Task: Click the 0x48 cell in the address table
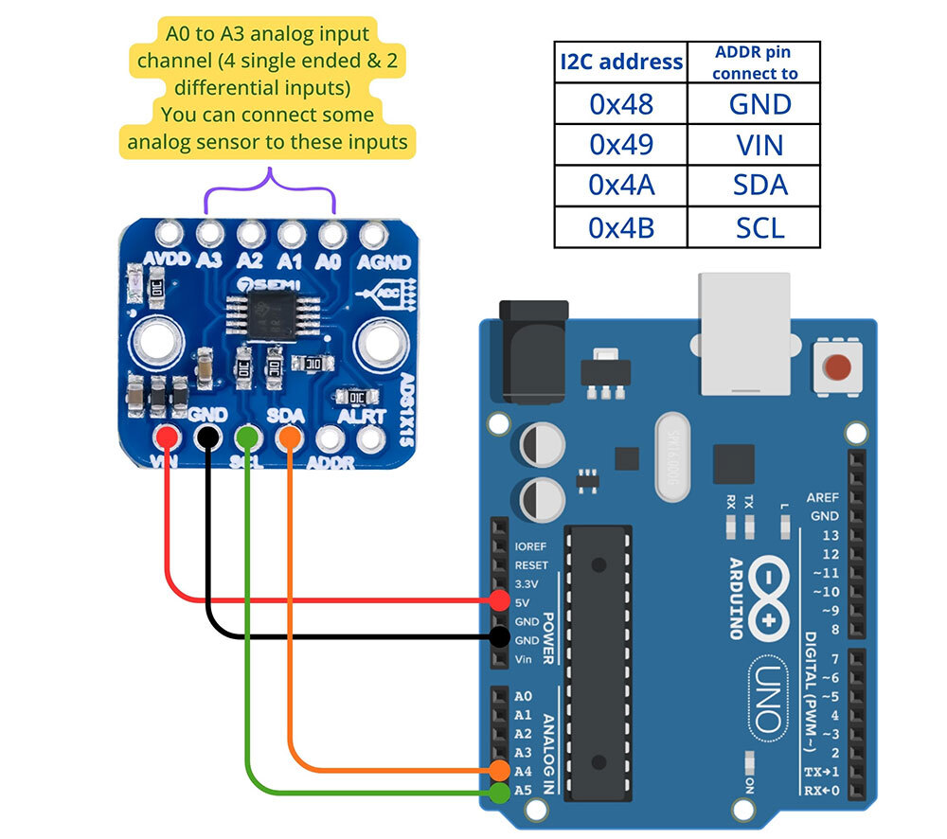point(621,103)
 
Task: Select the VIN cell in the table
point(759,144)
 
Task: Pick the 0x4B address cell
point(621,227)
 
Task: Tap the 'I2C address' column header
point(621,62)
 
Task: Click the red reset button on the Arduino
point(837,366)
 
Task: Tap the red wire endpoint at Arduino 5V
point(499,599)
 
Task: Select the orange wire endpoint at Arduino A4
point(499,770)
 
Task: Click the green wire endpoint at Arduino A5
point(499,790)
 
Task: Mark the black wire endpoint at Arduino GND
point(499,636)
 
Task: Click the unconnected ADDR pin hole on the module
point(330,437)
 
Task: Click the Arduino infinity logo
point(766,600)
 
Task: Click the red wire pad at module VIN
point(168,437)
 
